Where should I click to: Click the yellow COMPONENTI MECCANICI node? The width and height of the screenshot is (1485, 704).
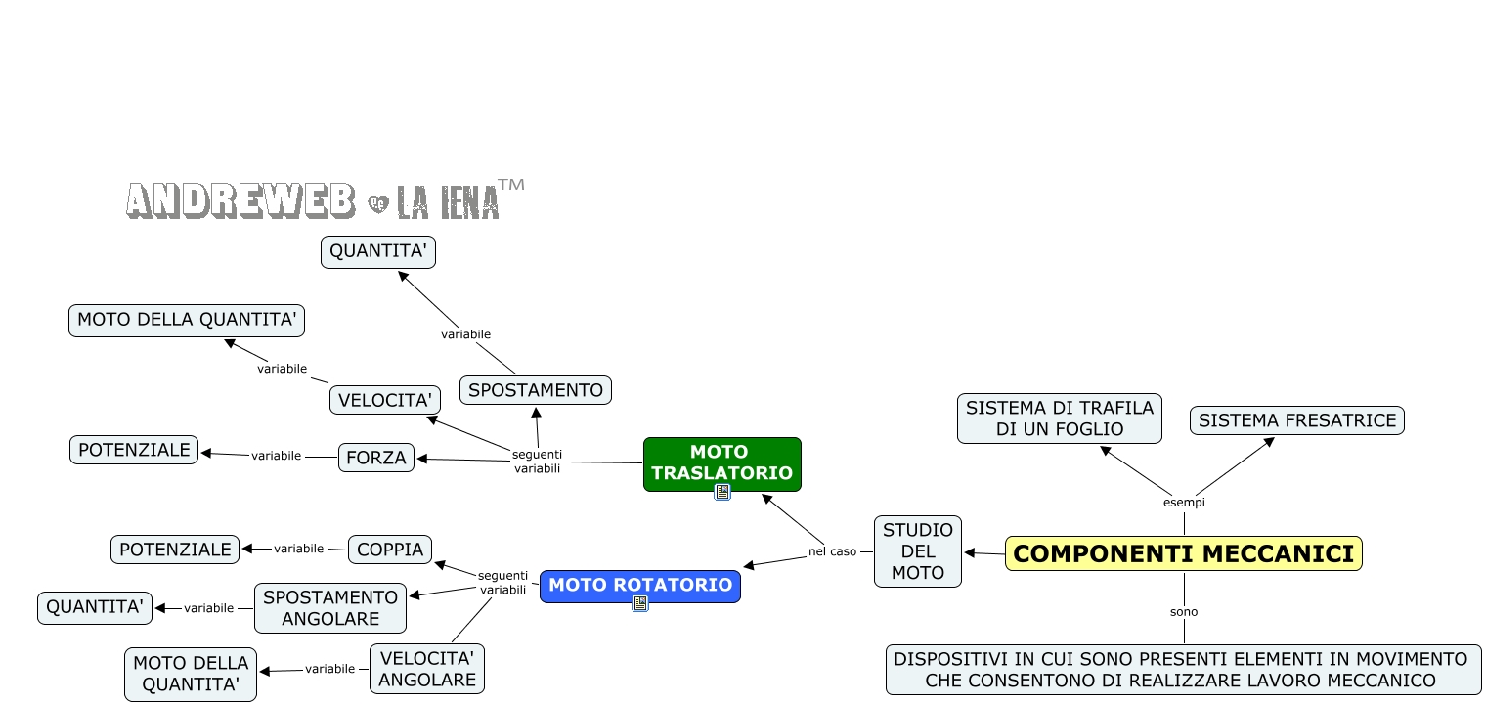[1183, 553]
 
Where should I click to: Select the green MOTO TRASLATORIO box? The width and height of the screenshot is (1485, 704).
[721, 462]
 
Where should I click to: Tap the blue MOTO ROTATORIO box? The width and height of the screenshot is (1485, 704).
[640, 585]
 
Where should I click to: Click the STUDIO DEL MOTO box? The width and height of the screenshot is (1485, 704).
[917, 551]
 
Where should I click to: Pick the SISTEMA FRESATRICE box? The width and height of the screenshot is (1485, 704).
[1296, 420]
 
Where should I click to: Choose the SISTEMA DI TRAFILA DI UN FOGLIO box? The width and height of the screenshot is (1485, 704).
[1059, 418]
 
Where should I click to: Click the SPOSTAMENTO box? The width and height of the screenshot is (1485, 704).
[536, 390]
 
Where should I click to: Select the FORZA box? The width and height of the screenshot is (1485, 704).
[376, 458]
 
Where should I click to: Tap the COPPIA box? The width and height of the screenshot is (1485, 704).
[390, 550]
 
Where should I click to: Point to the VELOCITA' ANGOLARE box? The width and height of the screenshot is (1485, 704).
[427, 668]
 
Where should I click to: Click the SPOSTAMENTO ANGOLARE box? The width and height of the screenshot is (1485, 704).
[330, 608]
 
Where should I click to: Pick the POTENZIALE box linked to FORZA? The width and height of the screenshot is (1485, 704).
[134, 450]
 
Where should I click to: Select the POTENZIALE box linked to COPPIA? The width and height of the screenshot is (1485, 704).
[175, 550]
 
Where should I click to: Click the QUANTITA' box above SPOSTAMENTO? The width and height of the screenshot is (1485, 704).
[378, 252]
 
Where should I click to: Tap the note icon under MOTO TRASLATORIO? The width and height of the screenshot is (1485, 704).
[722, 492]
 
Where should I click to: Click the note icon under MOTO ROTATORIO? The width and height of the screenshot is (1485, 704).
[640, 604]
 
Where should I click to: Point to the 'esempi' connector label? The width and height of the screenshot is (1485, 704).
[1184, 503]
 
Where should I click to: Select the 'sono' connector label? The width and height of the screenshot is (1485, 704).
[1184, 612]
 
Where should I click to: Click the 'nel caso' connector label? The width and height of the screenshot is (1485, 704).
[832, 551]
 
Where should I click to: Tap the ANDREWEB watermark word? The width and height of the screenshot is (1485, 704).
[240, 199]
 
